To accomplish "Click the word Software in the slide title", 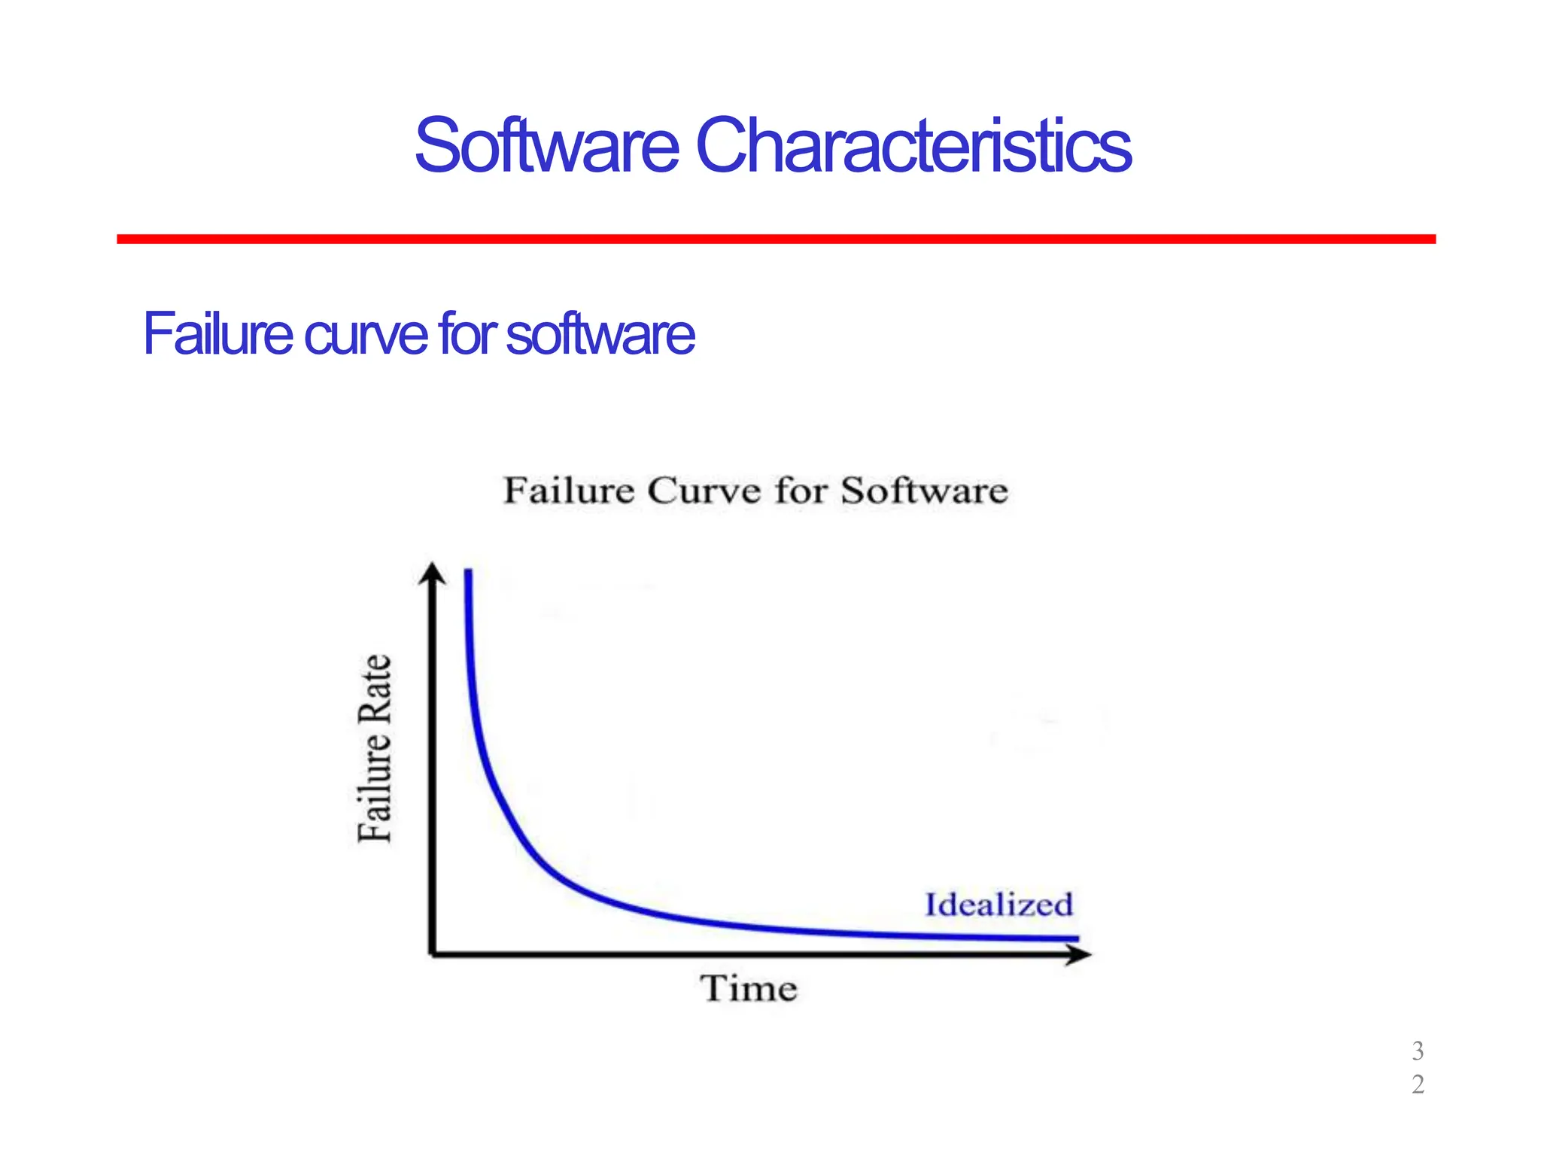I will click(x=546, y=145).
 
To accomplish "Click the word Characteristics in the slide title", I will click(x=913, y=145).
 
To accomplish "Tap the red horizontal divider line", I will click(x=775, y=239).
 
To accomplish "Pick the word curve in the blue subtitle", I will click(x=366, y=335).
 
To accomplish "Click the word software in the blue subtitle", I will click(x=600, y=335).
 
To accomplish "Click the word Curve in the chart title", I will click(x=704, y=491).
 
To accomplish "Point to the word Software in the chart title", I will click(x=924, y=491).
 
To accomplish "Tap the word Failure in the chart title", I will click(x=569, y=491).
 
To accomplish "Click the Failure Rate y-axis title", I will click(x=374, y=748).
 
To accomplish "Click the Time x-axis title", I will click(x=749, y=988).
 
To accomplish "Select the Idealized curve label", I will click(x=998, y=905).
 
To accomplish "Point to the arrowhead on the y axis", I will click(x=432, y=573).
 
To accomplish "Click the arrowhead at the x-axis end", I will click(x=1081, y=955).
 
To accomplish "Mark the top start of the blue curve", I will click(x=468, y=573).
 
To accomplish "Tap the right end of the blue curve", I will click(x=1076, y=938).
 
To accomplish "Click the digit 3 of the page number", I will click(x=1418, y=1051).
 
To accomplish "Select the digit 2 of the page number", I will click(x=1418, y=1085).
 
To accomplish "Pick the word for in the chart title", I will click(x=801, y=491).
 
